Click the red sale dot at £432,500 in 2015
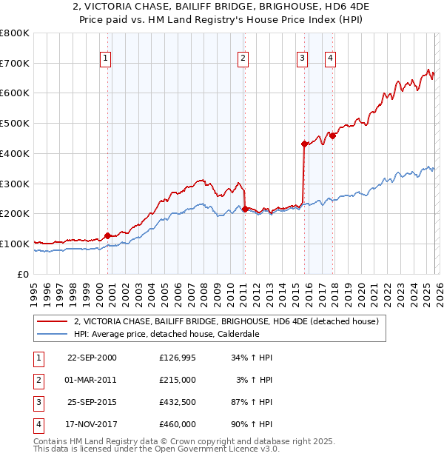304,144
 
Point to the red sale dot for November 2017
333,135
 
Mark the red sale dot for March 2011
245,209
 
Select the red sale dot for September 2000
108,235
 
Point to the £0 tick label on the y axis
24,274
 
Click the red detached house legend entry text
226,321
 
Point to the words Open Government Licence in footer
221,449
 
